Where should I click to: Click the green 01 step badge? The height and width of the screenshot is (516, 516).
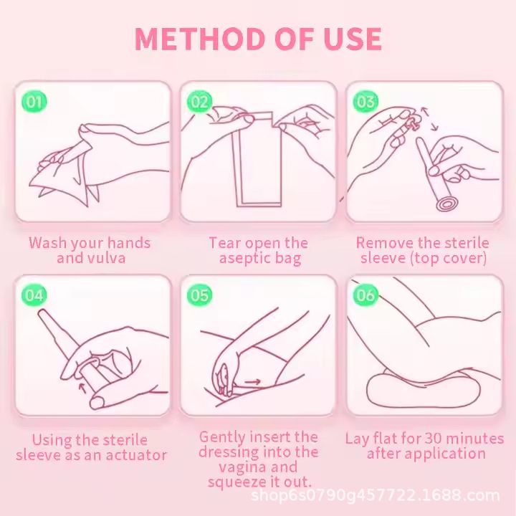point(34,101)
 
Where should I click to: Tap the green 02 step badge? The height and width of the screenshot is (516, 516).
point(200,101)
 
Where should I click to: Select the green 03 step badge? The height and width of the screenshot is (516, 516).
point(365,101)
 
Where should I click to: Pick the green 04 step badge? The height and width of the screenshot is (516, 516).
point(34,295)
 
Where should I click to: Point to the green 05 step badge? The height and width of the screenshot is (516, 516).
point(200,295)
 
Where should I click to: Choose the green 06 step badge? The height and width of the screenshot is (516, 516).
point(365,295)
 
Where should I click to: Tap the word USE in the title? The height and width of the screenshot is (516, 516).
point(353,39)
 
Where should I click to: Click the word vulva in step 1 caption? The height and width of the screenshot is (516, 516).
point(107,258)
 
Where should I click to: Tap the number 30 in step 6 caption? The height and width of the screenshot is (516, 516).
point(434,439)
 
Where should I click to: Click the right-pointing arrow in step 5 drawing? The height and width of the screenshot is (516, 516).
point(253,382)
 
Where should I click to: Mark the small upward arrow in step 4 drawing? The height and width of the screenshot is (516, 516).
point(82,387)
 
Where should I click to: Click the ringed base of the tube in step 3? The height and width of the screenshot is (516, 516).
point(446,204)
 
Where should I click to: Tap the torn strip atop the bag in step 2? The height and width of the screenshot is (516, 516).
point(260,118)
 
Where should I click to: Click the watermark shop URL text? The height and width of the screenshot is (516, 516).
point(375,495)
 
